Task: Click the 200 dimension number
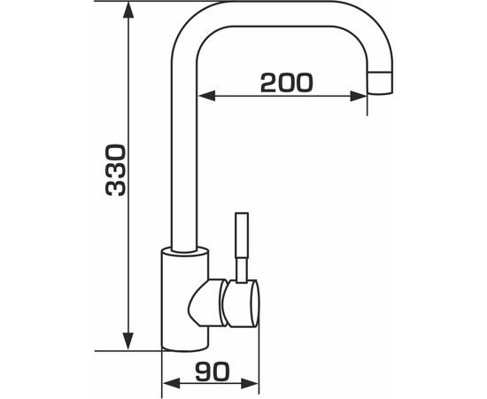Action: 287,82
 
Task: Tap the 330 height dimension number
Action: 115,170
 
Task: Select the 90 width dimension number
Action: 213,372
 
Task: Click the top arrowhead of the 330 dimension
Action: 128,12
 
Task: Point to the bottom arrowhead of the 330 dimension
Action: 128,341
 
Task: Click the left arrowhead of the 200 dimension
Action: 206,96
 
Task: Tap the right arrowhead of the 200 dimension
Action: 358,96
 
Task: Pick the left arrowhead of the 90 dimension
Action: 172,383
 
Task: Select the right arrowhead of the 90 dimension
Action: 250,383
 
